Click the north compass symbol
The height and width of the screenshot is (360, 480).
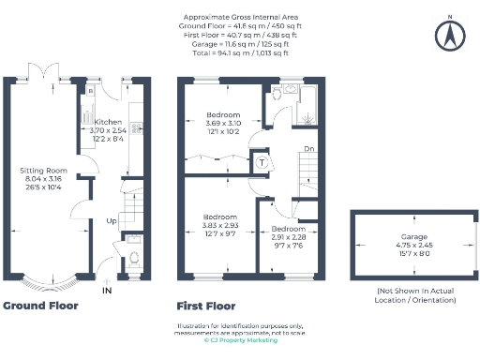(449, 35)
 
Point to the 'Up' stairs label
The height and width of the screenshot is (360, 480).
(112, 221)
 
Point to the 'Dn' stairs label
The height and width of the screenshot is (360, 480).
(307, 148)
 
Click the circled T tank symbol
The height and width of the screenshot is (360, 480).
(262, 161)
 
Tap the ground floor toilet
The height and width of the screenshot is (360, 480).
(132, 254)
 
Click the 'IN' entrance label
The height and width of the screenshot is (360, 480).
(108, 291)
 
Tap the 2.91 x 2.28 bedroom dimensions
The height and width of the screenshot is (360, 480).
(288, 238)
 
